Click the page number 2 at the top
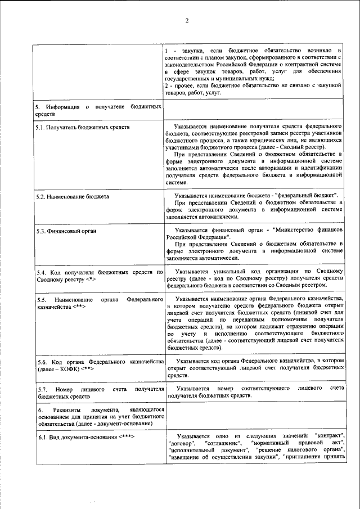tap(187, 21)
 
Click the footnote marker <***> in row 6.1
tap(127, 436)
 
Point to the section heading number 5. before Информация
tap(38, 106)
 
